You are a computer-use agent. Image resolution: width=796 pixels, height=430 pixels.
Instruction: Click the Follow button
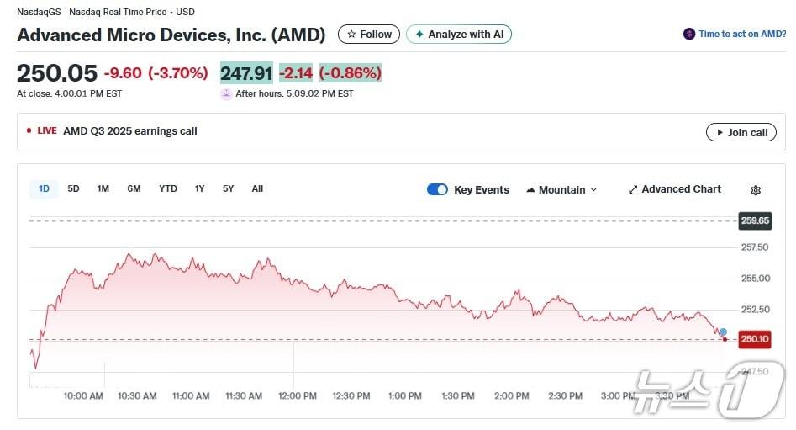(369, 35)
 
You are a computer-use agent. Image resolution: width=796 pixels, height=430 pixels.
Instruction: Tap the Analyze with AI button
(459, 35)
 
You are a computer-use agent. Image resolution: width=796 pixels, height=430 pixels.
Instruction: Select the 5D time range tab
(73, 188)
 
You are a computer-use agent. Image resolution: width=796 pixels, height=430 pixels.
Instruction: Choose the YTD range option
(168, 188)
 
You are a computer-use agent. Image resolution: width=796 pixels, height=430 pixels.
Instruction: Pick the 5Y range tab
(229, 188)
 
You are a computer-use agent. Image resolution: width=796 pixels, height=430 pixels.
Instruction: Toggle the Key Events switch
(437, 189)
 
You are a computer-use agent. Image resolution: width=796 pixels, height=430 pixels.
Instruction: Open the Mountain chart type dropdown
(561, 189)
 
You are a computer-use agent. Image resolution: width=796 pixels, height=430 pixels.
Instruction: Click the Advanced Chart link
(674, 189)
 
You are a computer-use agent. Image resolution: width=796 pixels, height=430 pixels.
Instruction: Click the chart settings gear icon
(756, 190)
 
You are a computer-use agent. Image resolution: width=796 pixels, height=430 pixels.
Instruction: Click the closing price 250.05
(57, 73)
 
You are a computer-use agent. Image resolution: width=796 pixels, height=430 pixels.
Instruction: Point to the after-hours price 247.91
(246, 73)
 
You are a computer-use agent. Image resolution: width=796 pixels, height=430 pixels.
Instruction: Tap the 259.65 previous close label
(754, 220)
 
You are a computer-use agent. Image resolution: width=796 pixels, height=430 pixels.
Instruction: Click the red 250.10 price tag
(754, 339)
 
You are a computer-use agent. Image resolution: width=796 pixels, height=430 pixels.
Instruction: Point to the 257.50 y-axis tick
(754, 247)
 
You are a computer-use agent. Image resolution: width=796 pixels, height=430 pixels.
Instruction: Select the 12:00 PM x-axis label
(298, 395)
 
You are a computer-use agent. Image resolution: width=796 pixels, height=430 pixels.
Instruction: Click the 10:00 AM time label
(83, 395)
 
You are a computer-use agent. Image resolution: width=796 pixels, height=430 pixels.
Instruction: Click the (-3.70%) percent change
(178, 73)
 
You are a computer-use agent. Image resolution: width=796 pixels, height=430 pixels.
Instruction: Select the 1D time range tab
(44, 188)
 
